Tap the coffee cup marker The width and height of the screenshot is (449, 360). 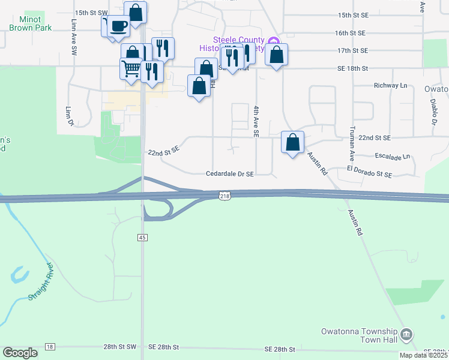click(x=119, y=26)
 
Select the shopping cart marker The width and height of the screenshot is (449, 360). click(x=131, y=69)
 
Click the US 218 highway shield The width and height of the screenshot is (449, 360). click(x=224, y=196)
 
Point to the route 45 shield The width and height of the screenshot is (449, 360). click(x=142, y=238)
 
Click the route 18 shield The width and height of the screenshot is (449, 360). click(x=49, y=347)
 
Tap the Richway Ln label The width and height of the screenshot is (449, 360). click(x=390, y=86)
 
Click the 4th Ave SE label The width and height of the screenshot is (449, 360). click(x=256, y=122)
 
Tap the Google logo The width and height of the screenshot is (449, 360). click(x=20, y=353)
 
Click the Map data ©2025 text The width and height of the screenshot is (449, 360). click(x=423, y=355)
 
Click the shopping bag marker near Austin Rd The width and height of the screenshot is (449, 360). click(x=292, y=143)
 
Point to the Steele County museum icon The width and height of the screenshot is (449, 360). click(x=274, y=41)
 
